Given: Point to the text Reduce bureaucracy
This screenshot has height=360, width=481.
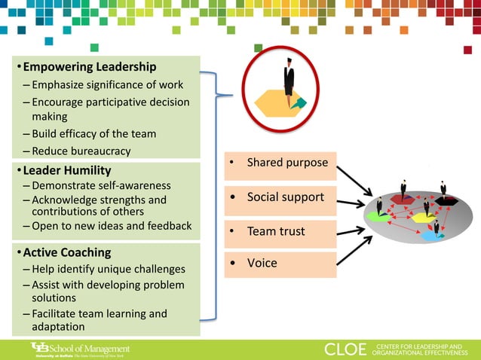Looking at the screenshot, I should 81,151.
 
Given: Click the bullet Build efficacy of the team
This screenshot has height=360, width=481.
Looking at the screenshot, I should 94,133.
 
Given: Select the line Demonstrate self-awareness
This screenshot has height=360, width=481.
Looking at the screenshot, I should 102,185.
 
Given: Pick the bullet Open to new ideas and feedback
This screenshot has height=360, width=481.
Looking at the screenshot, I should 112,226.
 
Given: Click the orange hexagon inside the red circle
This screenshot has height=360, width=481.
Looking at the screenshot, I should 280,101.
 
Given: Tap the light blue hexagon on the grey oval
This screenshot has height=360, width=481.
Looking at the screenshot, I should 431,235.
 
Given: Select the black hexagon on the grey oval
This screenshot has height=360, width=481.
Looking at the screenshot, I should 446,200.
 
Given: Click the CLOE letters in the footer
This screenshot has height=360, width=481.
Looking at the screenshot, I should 346,349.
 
